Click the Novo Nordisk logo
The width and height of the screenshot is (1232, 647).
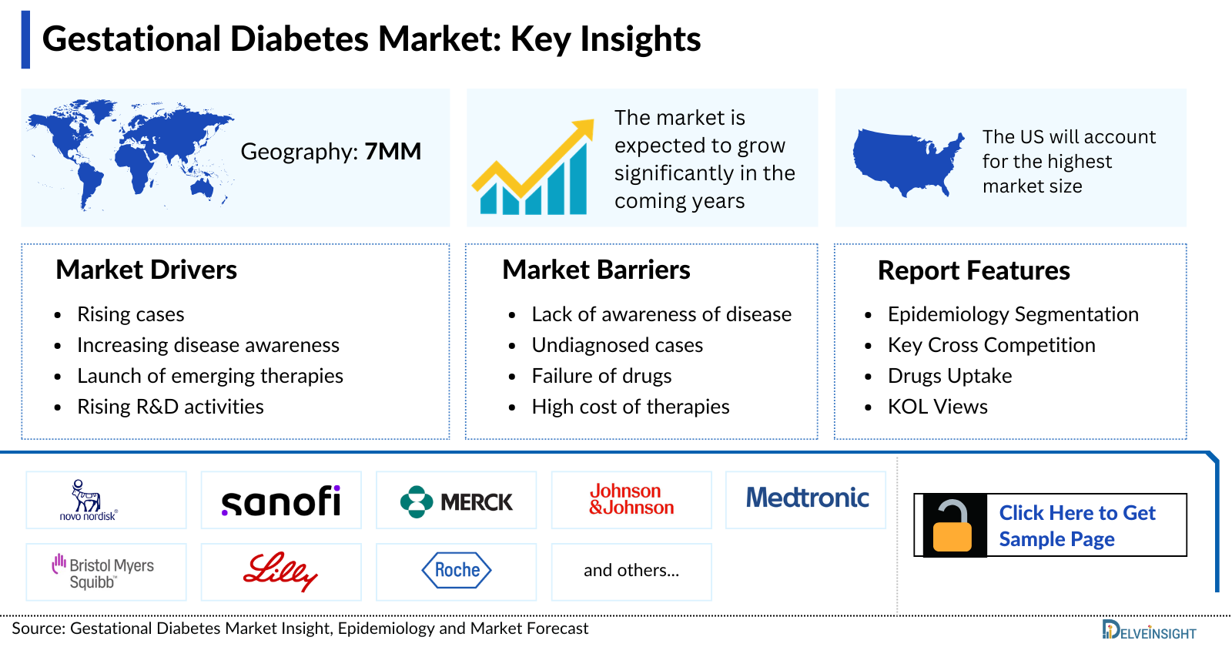tap(89, 501)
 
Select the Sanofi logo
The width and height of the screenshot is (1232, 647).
tap(281, 501)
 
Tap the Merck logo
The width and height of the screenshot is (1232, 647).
tap(456, 502)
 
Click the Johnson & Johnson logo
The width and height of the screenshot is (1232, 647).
tap(631, 499)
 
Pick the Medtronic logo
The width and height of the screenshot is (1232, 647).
tap(807, 498)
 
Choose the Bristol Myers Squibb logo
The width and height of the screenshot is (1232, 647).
tap(103, 572)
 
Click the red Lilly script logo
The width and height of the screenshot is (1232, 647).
tap(280, 572)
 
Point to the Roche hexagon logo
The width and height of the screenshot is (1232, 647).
tap(457, 571)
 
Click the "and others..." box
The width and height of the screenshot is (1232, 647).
tap(631, 571)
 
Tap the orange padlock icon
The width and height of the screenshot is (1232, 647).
tap(952, 527)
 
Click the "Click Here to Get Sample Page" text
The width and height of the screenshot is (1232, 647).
tap(1076, 526)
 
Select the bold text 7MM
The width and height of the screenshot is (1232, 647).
tap(393, 152)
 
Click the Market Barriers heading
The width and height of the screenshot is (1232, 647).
tap(596, 270)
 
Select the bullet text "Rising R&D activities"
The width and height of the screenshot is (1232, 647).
tap(170, 407)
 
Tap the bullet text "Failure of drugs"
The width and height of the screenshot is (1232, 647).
tap(601, 376)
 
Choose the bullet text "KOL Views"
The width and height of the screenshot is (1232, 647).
tap(937, 407)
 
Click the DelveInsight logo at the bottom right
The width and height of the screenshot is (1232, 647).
tap(1149, 630)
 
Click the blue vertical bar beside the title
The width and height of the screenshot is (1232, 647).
tap(25, 39)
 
